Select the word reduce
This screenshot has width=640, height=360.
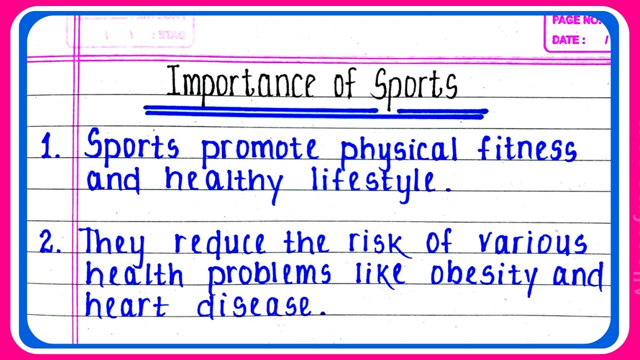(220, 243)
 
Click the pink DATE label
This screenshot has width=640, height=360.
(568, 40)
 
